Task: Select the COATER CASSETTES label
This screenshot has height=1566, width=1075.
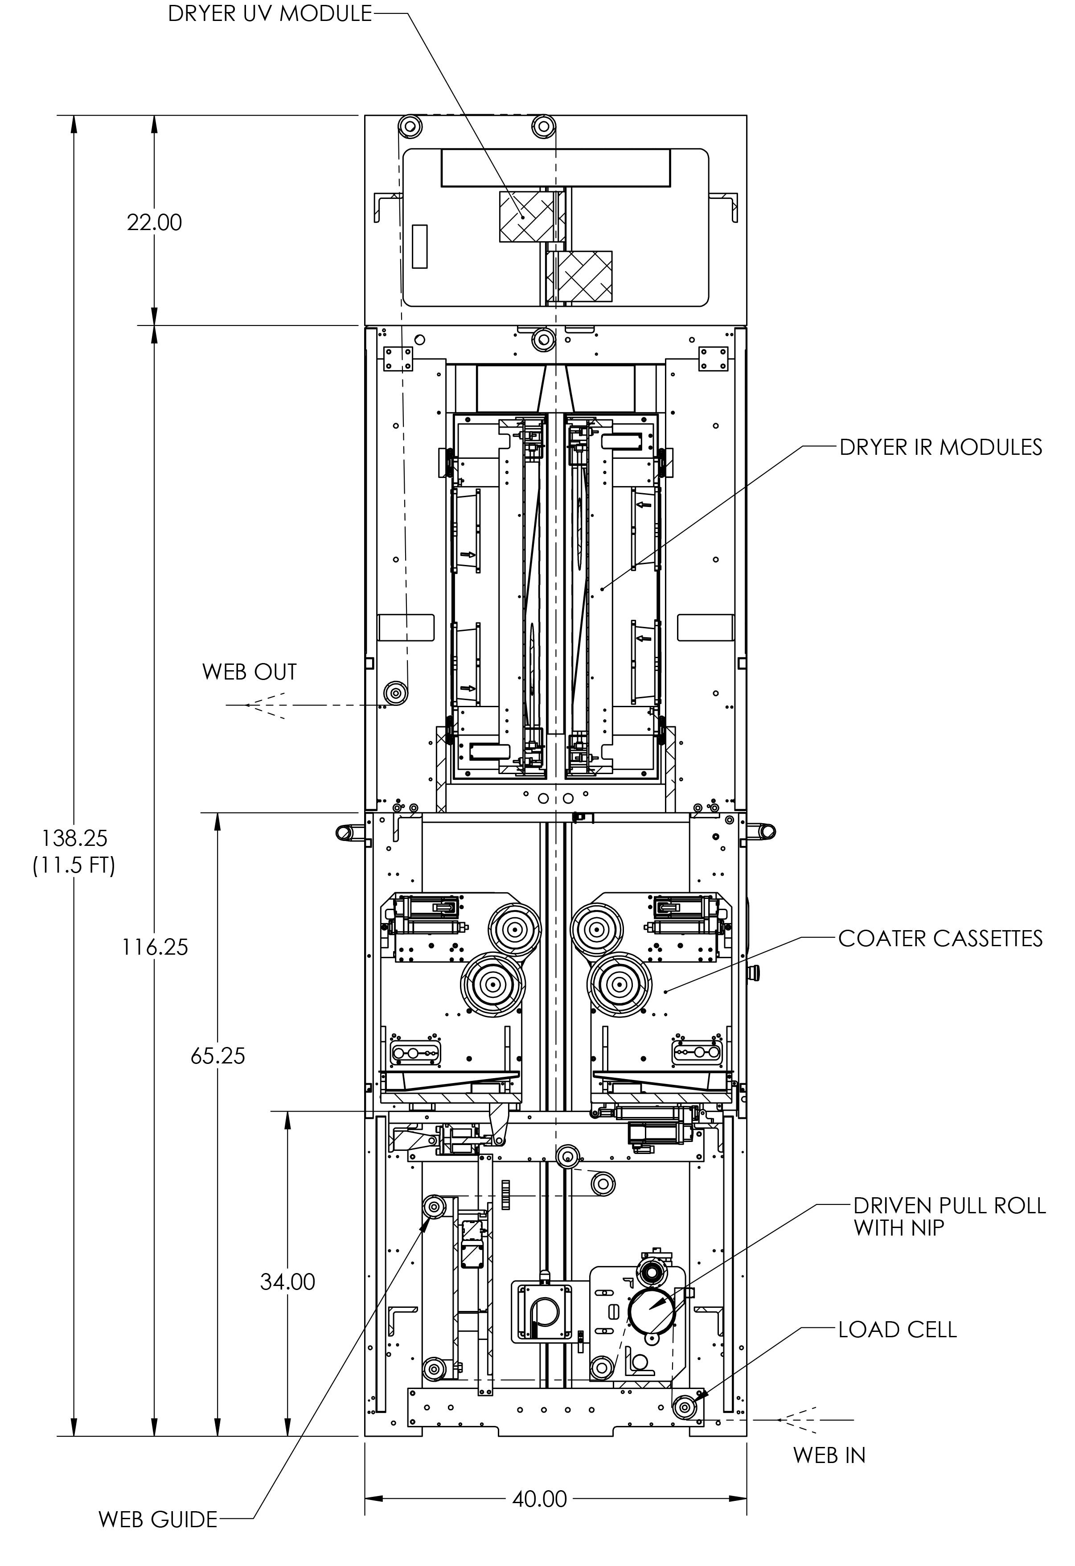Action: (x=940, y=938)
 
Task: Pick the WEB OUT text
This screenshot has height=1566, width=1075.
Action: (x=249, y=672)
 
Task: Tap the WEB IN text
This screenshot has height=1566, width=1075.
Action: (x=829, y=1455)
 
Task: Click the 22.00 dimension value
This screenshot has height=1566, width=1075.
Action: (x=154, y=223)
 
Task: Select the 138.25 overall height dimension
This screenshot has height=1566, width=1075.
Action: (x=74, y=838)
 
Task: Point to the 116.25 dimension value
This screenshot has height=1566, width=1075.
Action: (x=154, y=948)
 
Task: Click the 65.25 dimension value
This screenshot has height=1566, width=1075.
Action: (x=217, y=1055)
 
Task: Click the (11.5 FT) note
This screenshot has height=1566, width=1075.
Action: (x=74, y=865)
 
